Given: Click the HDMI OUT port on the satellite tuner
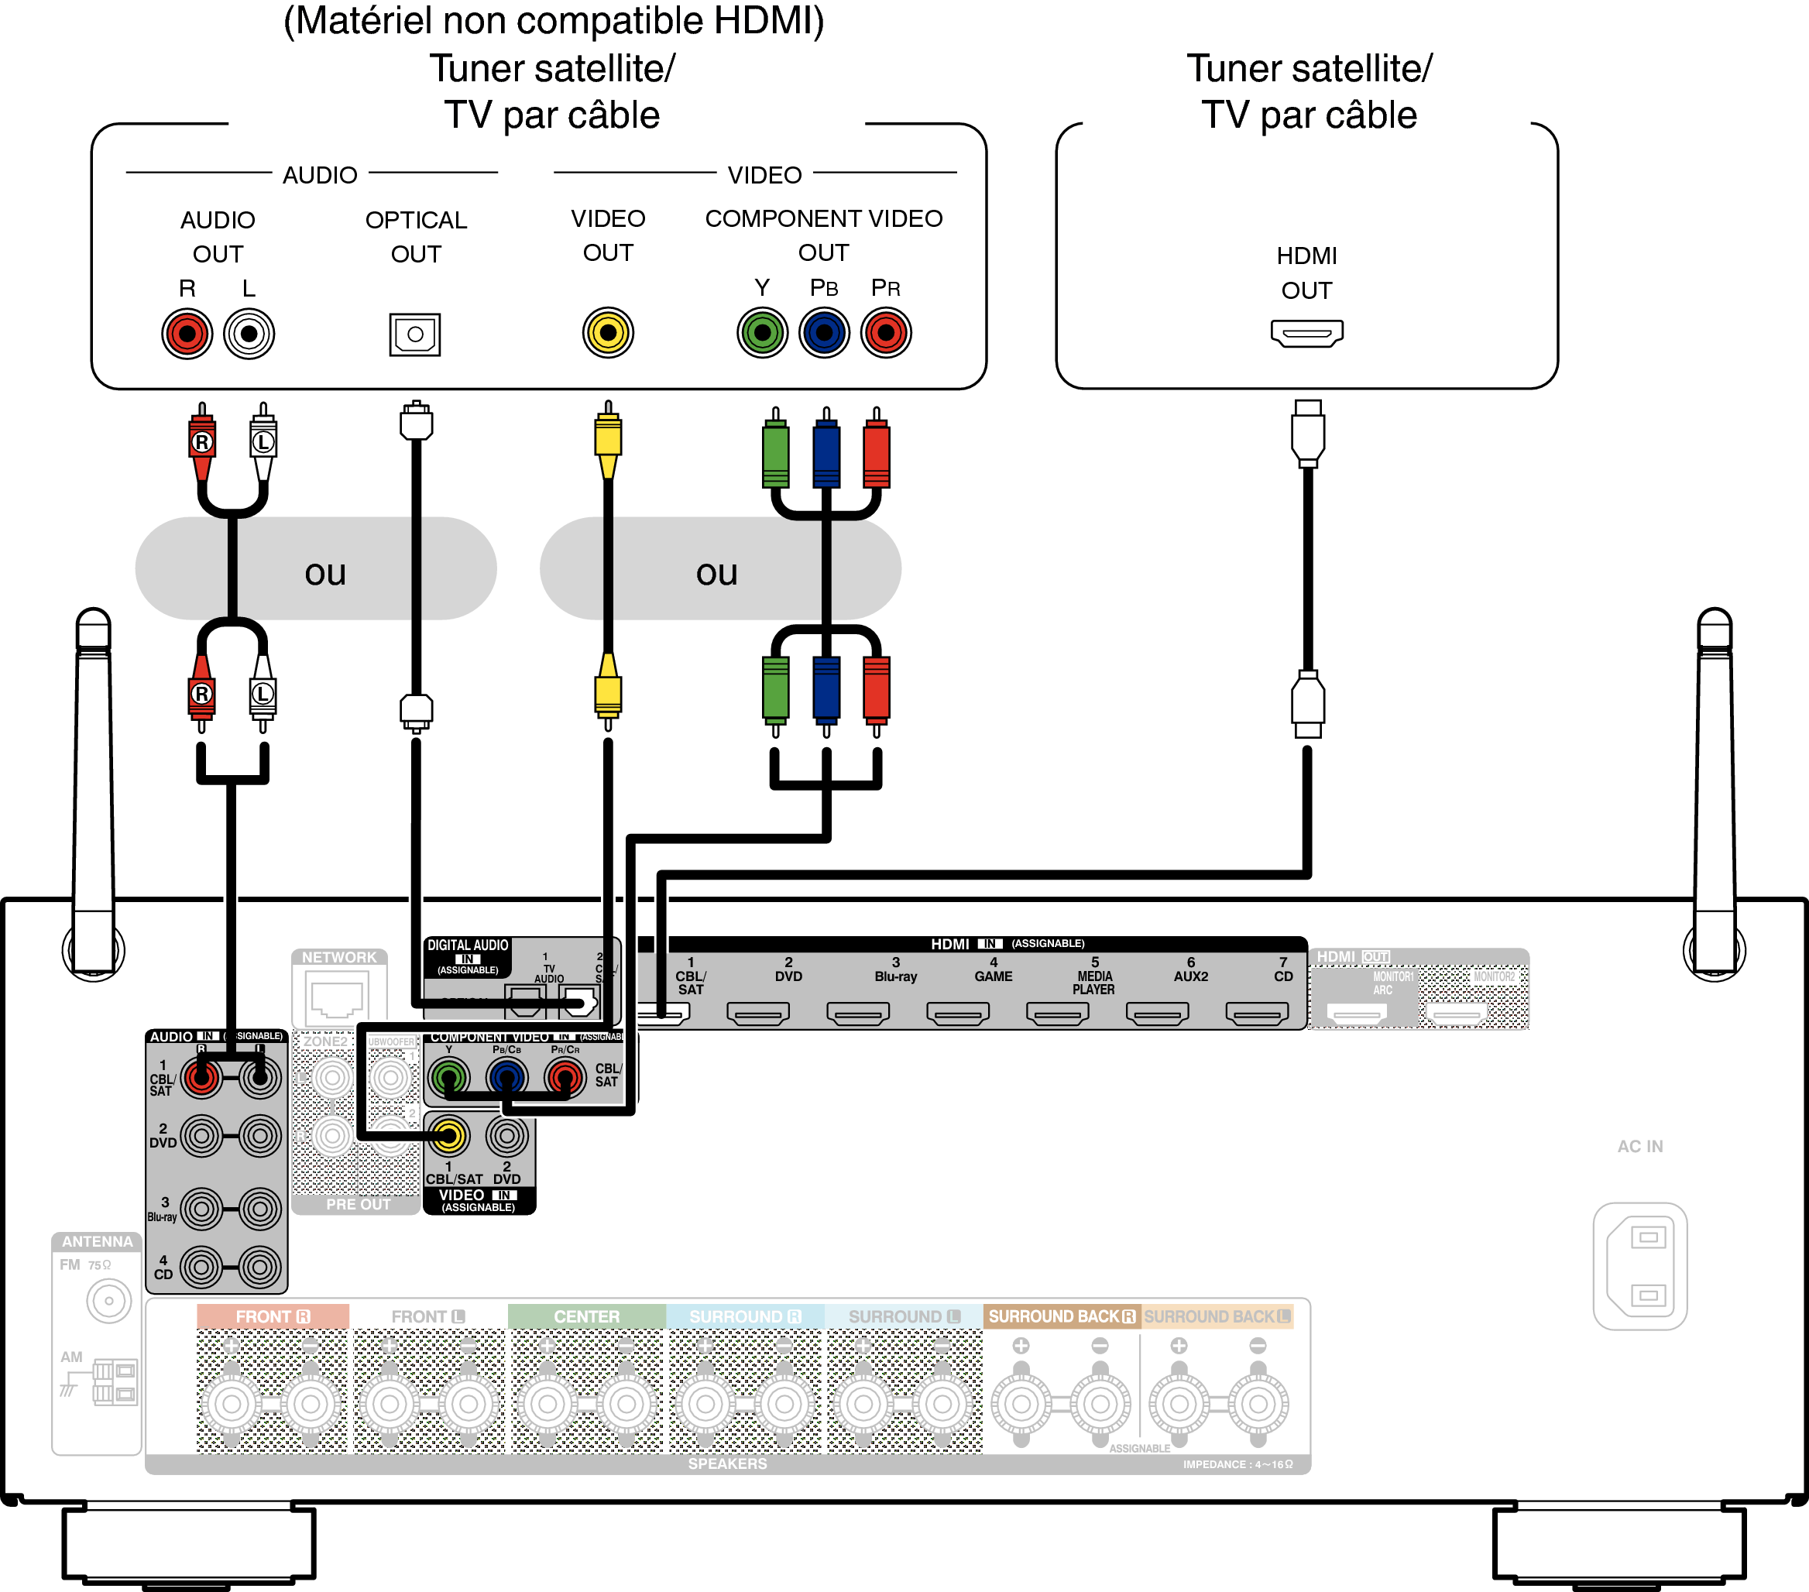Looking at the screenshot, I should click(1306, 333).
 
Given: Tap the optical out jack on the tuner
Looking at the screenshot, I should click(415, 335).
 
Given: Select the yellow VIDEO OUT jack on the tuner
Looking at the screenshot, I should click(608, 333).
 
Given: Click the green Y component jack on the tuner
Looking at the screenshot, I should click(762, 333).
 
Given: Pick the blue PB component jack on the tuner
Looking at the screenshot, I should click(824, 333).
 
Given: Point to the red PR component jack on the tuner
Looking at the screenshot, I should click(886, 333).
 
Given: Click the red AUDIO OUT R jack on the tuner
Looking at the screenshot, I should click(187, 334).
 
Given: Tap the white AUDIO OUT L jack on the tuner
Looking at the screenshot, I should click(249, 334).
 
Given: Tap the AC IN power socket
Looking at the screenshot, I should click(1640, 1265).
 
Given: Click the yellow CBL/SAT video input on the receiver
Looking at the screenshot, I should click(448, 1136).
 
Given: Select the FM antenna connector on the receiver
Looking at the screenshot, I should click(109, 1301).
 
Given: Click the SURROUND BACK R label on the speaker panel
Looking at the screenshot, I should click(1061, 1316).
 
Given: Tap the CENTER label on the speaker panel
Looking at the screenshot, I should click(586, 1316).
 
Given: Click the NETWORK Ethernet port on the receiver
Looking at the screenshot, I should click(337, 997).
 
